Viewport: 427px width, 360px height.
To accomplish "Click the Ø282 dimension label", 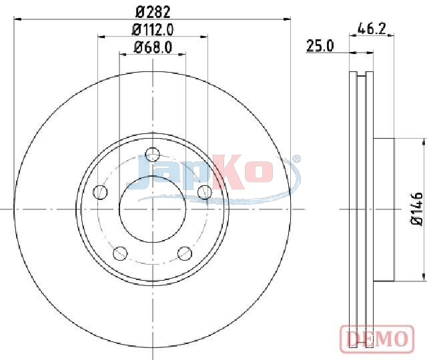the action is (153, 12).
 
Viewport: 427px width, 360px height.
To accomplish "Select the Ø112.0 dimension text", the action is (153, 29).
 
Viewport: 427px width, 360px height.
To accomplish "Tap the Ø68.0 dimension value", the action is (153, 47).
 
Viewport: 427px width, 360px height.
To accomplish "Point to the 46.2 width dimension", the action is (372, 29).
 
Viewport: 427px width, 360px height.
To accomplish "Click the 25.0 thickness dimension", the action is (320, 46).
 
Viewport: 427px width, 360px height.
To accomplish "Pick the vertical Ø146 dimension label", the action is (417, 209).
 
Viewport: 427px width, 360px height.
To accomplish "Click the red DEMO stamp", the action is (377, 339).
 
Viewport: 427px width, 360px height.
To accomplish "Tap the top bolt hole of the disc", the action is (153, 155).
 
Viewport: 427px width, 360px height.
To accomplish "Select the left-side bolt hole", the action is (100, 192).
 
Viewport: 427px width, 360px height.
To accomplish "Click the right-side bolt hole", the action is (205, 192).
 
